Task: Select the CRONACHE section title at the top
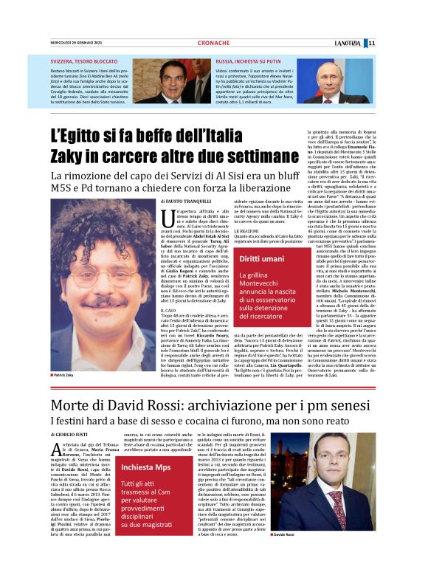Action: [213, 43]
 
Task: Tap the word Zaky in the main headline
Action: [69, 156]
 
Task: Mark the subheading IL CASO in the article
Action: [168, 310]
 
